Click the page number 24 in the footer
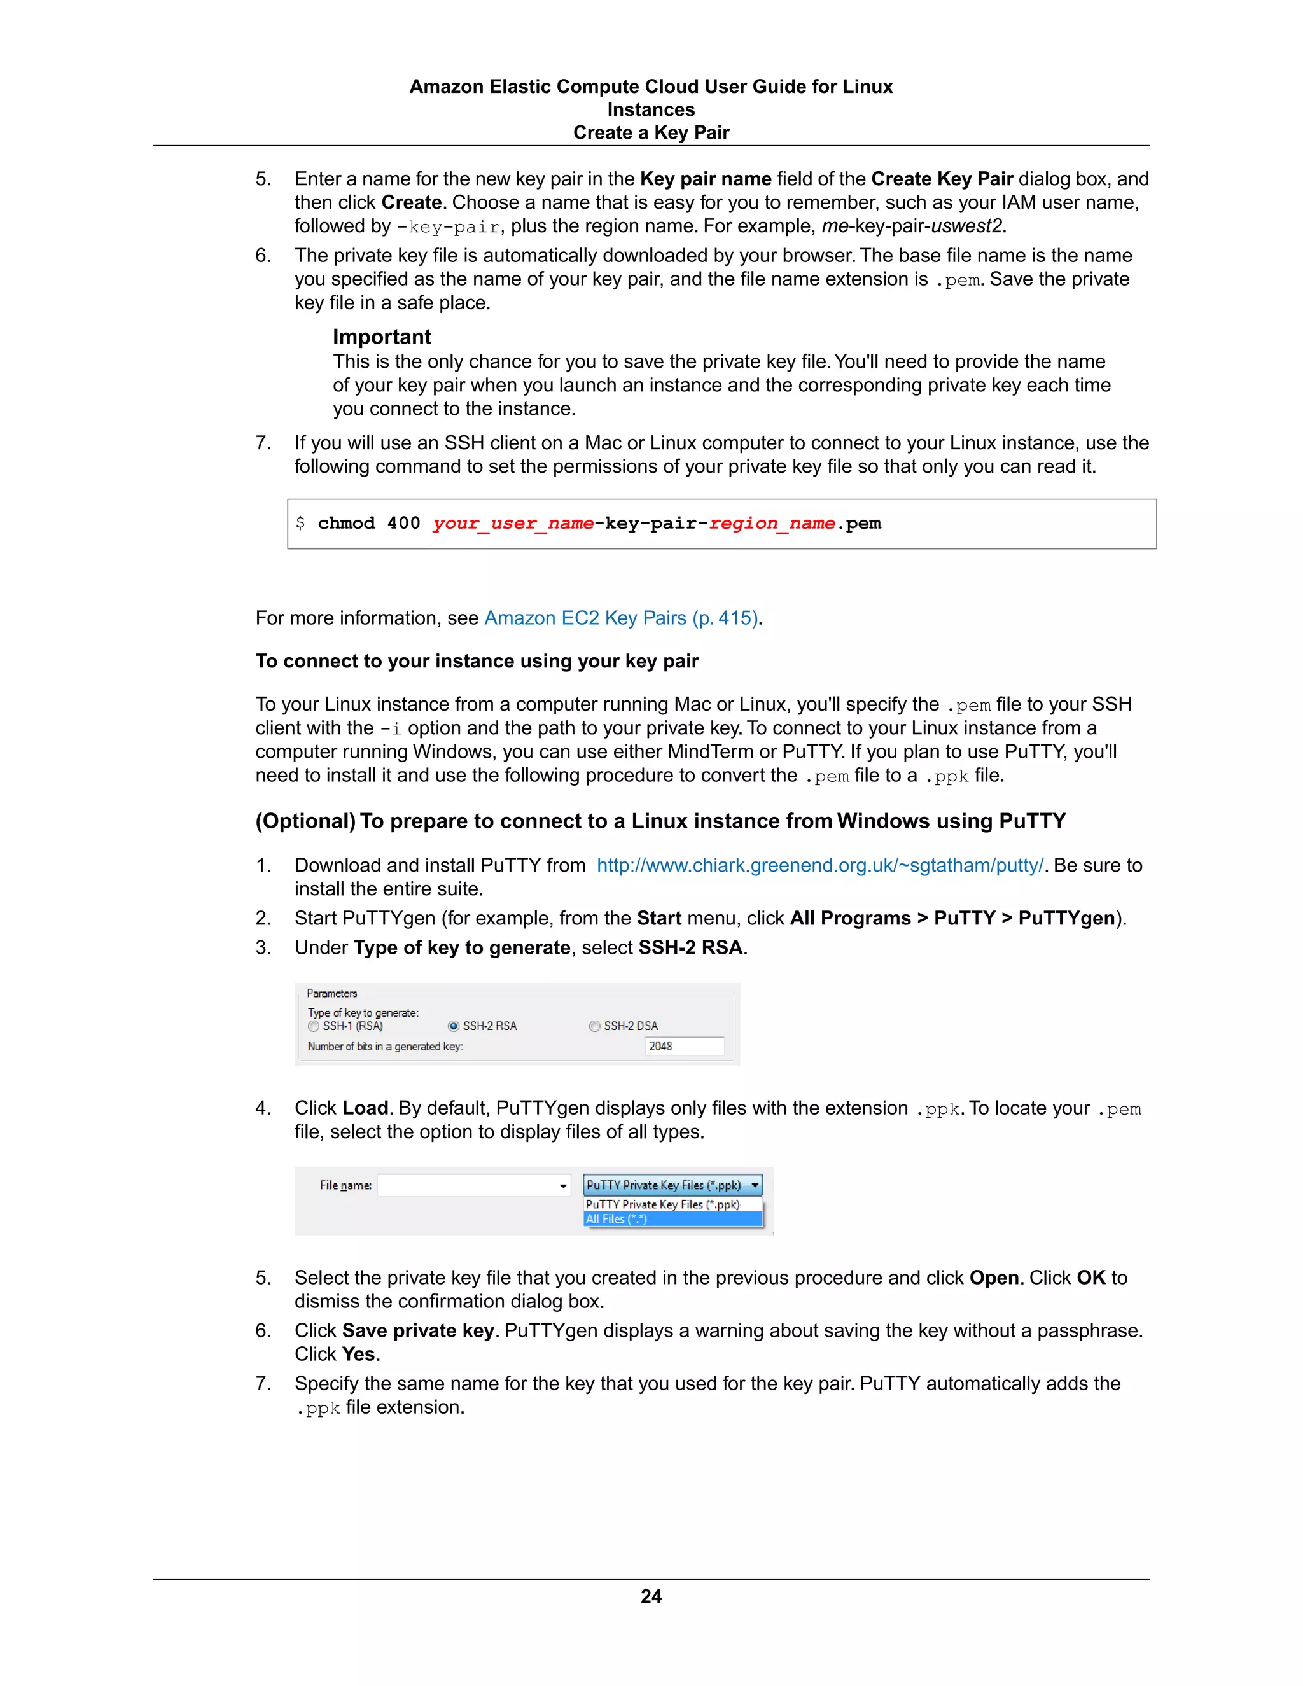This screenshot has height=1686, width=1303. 651,1596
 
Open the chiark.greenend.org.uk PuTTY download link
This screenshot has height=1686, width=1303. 819,865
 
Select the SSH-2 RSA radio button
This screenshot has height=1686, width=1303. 454,1026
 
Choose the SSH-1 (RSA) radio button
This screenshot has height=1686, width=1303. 314,1026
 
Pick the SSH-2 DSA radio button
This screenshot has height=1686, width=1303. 594,1026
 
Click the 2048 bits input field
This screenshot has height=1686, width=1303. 684,1046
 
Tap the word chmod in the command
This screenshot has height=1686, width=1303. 346,524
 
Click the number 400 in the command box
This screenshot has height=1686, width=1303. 404,524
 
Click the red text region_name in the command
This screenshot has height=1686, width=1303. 772,524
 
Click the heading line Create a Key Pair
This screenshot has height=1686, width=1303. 651,133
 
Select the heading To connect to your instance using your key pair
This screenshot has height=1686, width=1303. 477,662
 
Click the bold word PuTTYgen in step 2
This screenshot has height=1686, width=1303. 1066,918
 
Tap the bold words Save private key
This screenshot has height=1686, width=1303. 417,1330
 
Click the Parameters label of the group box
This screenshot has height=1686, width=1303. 332,994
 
